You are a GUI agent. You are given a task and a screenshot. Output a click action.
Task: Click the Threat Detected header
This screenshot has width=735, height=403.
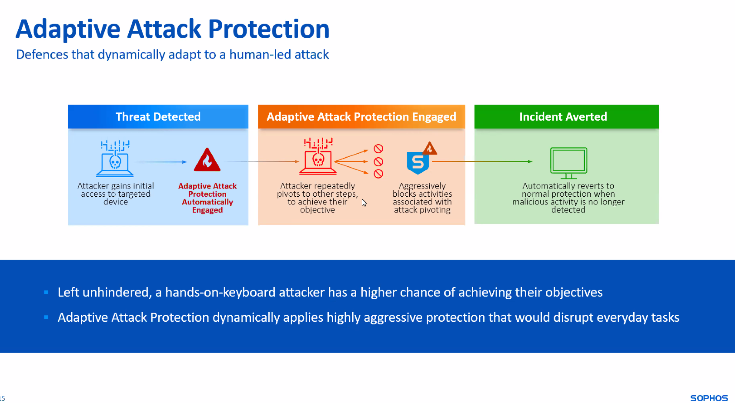(x=158, y=117)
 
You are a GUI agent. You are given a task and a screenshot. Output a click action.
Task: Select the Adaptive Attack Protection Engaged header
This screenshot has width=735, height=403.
(x=361, y=117)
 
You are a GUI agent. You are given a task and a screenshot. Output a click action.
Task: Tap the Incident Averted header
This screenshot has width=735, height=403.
(x=567, y=117)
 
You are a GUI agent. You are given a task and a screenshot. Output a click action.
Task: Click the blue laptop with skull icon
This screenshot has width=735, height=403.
(x=115, y=159)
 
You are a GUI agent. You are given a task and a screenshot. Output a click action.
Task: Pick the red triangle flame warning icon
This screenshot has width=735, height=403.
(x=207, y=160)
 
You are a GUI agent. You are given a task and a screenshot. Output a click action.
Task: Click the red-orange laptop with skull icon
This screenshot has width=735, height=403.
(x=318, y=156)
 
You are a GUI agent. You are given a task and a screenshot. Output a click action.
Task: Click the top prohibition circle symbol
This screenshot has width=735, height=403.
(x=378, y=149)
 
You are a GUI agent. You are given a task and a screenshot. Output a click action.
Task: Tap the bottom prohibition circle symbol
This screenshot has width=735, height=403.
(x=378, y=174)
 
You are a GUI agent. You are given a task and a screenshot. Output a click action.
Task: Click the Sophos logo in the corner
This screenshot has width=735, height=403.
(x=709, y=398)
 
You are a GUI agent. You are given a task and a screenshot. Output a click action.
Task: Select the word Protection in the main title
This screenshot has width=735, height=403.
(x=269, y=29)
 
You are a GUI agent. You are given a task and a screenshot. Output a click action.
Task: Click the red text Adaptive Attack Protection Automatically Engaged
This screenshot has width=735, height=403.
(x=207, y=198)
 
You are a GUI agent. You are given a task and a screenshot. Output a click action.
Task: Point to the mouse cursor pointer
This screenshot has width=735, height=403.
(x=364, y=202)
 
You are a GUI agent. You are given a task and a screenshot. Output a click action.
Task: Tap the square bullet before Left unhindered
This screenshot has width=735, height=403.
(x=46, y=292)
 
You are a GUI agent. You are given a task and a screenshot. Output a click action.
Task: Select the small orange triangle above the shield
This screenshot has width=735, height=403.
(x=430, y=148)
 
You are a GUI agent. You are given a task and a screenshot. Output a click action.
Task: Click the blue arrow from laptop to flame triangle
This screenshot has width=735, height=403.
(x=161, y=162)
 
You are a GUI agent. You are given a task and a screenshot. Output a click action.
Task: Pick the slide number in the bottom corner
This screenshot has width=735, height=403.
(x=2, y=399)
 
